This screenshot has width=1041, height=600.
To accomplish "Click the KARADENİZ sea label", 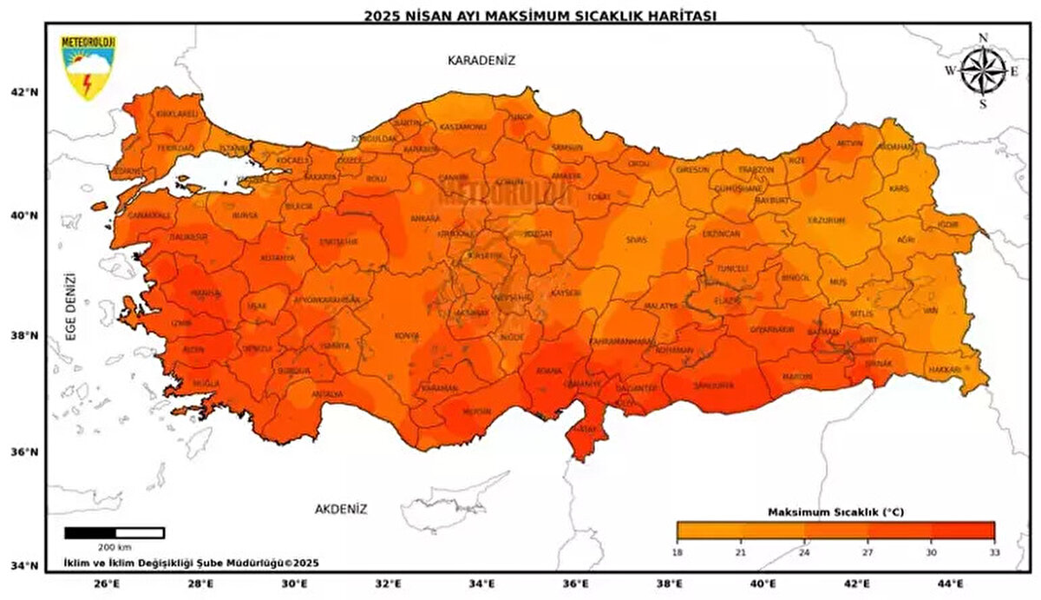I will (481, 61).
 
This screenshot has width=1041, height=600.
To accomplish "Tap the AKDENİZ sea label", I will (341, 510).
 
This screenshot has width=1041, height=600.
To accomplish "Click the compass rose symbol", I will (983, 71).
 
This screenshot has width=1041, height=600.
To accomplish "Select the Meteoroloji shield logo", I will (88, 67).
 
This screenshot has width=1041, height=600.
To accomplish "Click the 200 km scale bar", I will (114, 532).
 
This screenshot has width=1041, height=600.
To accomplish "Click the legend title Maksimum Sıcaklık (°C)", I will (835, 512).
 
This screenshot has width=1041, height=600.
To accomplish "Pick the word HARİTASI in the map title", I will (678, 15).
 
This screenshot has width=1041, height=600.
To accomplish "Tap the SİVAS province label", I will (637, 239).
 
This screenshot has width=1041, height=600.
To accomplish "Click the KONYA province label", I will (406, 335).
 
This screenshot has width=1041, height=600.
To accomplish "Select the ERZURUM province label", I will (827, 221).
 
